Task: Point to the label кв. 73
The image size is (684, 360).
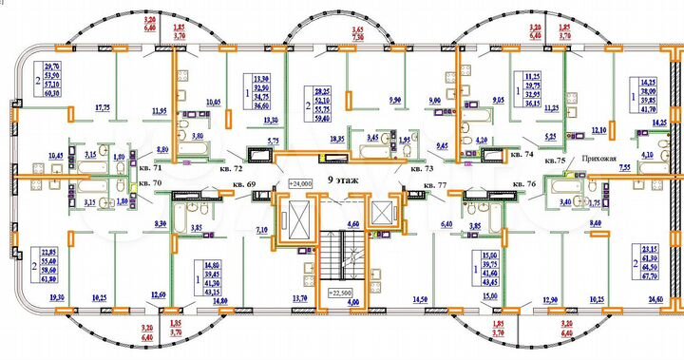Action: (x=422, y=168)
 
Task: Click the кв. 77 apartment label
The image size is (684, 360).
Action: (x=434, y=184)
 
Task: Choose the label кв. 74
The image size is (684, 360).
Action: (x=522, y=152)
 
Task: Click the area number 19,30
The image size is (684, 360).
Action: (x=29, y=297)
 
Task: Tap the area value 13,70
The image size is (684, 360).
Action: (x=300, y=300)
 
